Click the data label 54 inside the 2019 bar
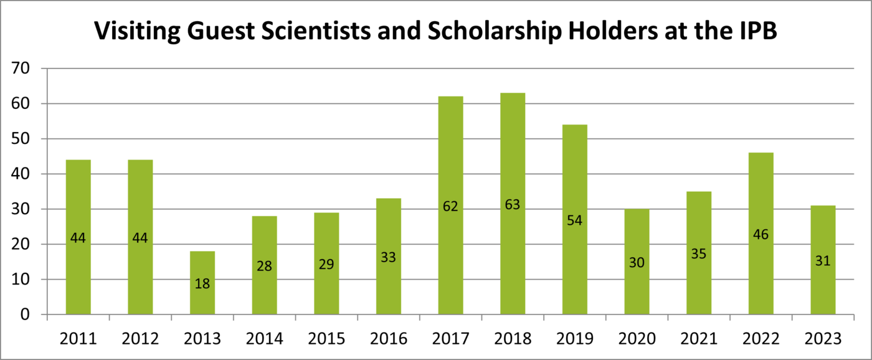tap(574, 220)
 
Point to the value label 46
tap(761, 234)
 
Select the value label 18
tap(202, 283)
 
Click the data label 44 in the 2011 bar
tap(78, 237)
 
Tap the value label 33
tap(388, 257)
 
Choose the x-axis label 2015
tap(326, 339)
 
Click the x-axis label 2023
tap(823, 339)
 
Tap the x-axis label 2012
tap(140, 339)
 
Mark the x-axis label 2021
tap(699, 339)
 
